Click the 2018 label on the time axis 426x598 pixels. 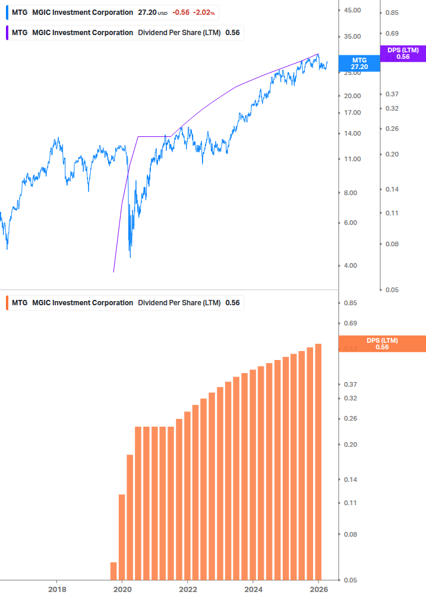pyautogui.click(x=56, y=589)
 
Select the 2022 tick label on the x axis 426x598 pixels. pyautogui.click(x=187, y=589)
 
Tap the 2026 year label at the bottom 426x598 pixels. pyautogui.click(x=318, y=589)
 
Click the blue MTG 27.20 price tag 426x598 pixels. pyautogui.click(x=359, y=64)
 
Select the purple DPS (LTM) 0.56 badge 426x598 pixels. pyautogui.click(x=403, y=54)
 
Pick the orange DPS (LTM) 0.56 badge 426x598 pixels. pyautogui.click(x=382, y=343)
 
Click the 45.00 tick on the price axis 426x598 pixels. pyautogui.click(x=352, y=10)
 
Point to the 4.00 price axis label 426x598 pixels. pyautogui.click(x=352, y=265)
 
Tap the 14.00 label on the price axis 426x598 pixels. pyautogui.click(x=352, y=133)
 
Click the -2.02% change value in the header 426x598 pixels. pyautogui.click(x=203, y=12)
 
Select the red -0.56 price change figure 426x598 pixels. pyautogui.click(x=181, y=12)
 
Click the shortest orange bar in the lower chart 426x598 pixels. pyautogui.click(x=113, y=571)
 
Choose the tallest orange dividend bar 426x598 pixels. pyautogui.click(x=318, y=462)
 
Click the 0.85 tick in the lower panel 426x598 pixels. pyautogui.click(x=350, y=303)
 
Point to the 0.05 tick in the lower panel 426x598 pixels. pyautogui.click(x=350, y=580)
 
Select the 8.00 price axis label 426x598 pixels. pyautogui.click(x=352, y=193)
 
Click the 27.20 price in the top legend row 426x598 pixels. pyautogui.click(x=147, y=12)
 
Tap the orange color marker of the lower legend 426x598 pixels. pyautogui.click(x=7, y=303)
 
